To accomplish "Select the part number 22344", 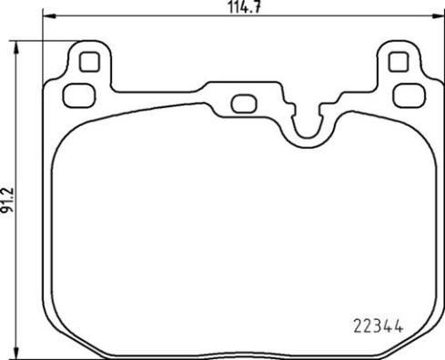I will [x=378, y=322].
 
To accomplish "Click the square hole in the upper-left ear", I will [x=88, y=63].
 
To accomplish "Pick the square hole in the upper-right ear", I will [x=397, y=63].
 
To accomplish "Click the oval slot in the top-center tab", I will [x=243, y=103].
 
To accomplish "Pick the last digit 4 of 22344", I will [x=399, y=322].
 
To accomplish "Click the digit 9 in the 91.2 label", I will [x=8, y=209].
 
